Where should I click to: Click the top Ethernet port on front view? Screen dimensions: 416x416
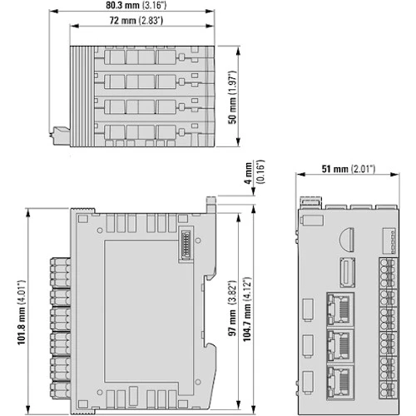pos(340,309)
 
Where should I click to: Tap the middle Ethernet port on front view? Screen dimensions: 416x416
pos(340,346)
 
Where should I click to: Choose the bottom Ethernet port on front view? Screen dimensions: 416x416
pos(340,383)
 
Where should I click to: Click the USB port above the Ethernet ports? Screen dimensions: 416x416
pos(348,273)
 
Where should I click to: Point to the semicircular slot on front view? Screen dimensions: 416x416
pos(347,240)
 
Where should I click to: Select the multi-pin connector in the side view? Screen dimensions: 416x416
pos(186,245)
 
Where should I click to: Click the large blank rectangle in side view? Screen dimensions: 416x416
pos(149,311)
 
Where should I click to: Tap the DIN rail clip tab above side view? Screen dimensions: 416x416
pos(211,204)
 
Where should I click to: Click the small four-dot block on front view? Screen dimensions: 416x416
pos(389,240)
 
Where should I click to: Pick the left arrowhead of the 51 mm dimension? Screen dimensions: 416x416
pos(300,175)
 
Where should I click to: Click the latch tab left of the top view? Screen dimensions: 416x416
pos(62,136)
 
